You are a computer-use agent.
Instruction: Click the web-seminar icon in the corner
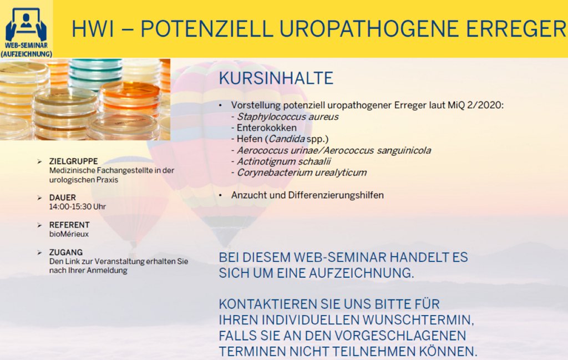point(26,29)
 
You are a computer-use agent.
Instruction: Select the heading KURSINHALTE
point(276,78)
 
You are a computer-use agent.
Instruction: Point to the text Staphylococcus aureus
point(288,116)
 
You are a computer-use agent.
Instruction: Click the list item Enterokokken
point(267,128)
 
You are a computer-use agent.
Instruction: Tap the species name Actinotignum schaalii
point(283,161)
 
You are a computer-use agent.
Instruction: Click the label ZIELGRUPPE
point(74,161)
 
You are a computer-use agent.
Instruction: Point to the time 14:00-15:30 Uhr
point(78,207)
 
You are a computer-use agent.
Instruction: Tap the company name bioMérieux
point(69,234)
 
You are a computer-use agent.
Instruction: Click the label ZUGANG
point(66,252)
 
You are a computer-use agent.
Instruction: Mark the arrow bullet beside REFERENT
point(39,225)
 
